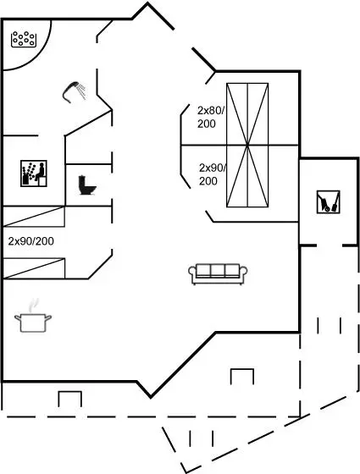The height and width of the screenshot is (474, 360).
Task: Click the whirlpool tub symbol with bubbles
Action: [x=24, y=39]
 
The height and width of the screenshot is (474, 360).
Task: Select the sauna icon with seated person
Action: [x=34, y=174]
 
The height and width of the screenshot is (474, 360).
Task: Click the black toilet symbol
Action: [x=86, y=185]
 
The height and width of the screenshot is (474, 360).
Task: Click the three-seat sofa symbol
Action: [x=218, y=274]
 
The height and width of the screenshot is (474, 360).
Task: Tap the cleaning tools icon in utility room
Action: [x=329, y=202]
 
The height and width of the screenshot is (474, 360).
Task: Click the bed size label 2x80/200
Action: [x=211, y=117]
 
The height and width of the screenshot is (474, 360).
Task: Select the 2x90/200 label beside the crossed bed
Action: [x=213, y=174]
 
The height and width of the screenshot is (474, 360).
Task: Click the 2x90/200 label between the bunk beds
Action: [x=30, y=241]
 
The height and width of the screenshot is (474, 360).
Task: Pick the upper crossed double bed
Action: [x=247, y=114]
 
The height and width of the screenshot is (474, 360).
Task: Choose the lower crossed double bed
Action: [x=247, y=176]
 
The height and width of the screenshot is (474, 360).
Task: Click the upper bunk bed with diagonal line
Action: [x=34, y=217]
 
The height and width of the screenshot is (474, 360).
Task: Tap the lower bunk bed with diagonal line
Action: [x=34, y=268]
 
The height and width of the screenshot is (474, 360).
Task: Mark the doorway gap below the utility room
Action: [x=330, y=245]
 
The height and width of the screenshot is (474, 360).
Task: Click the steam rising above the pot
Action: [x=33, y=306]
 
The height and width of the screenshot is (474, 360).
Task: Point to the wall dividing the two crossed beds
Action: [x=240, y=146]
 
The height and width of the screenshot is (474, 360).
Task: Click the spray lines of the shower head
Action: [x=81, y=91]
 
